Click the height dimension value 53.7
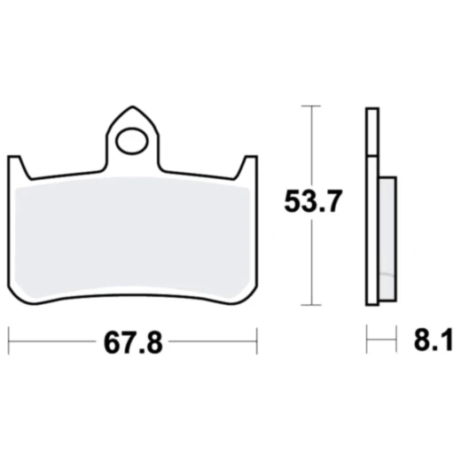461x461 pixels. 309,205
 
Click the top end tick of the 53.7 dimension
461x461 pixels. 309,106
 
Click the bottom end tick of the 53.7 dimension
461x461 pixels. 309,304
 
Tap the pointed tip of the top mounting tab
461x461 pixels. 133,105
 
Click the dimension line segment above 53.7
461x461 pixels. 309,146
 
